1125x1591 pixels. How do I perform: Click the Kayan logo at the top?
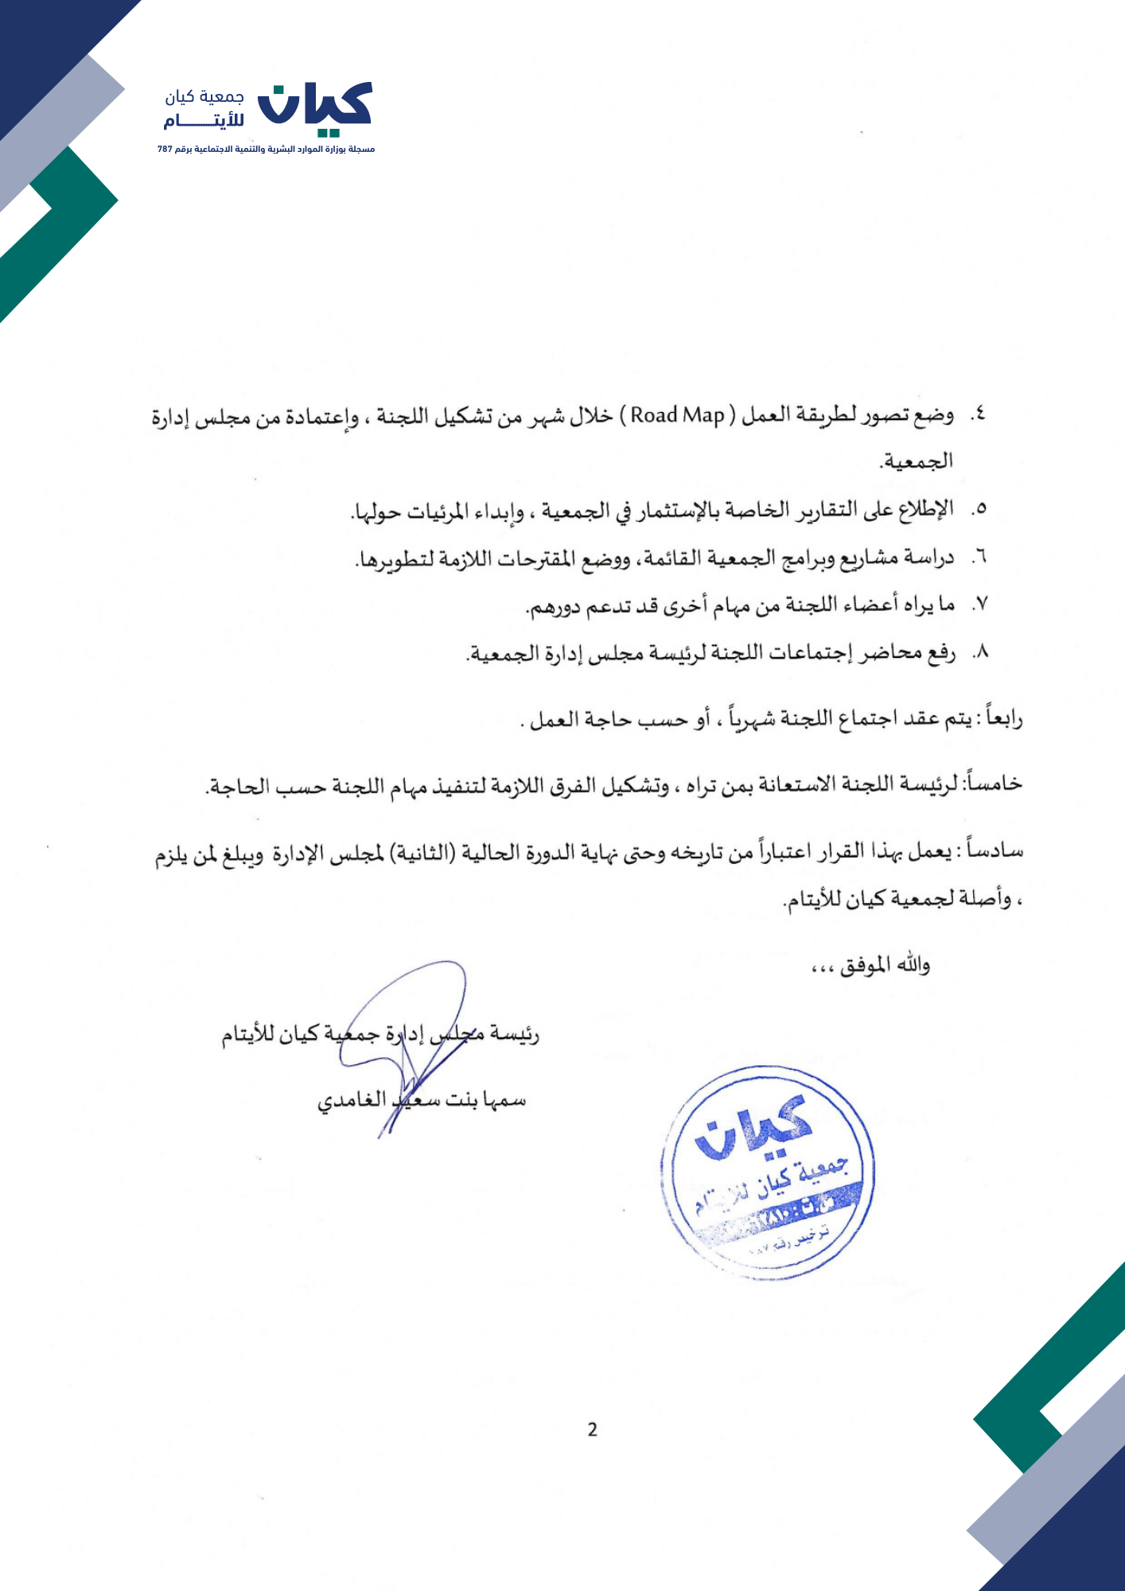click(317, 104)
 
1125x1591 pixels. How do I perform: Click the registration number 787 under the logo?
click(165, 149)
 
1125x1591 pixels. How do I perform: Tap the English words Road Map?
click(678, 415)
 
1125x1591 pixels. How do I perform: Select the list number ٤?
click(978, 414)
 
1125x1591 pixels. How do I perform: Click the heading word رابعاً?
click(1002, 718)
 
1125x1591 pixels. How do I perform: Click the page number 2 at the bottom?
click(592, 1430)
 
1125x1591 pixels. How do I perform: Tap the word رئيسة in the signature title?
click(512, 1034)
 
